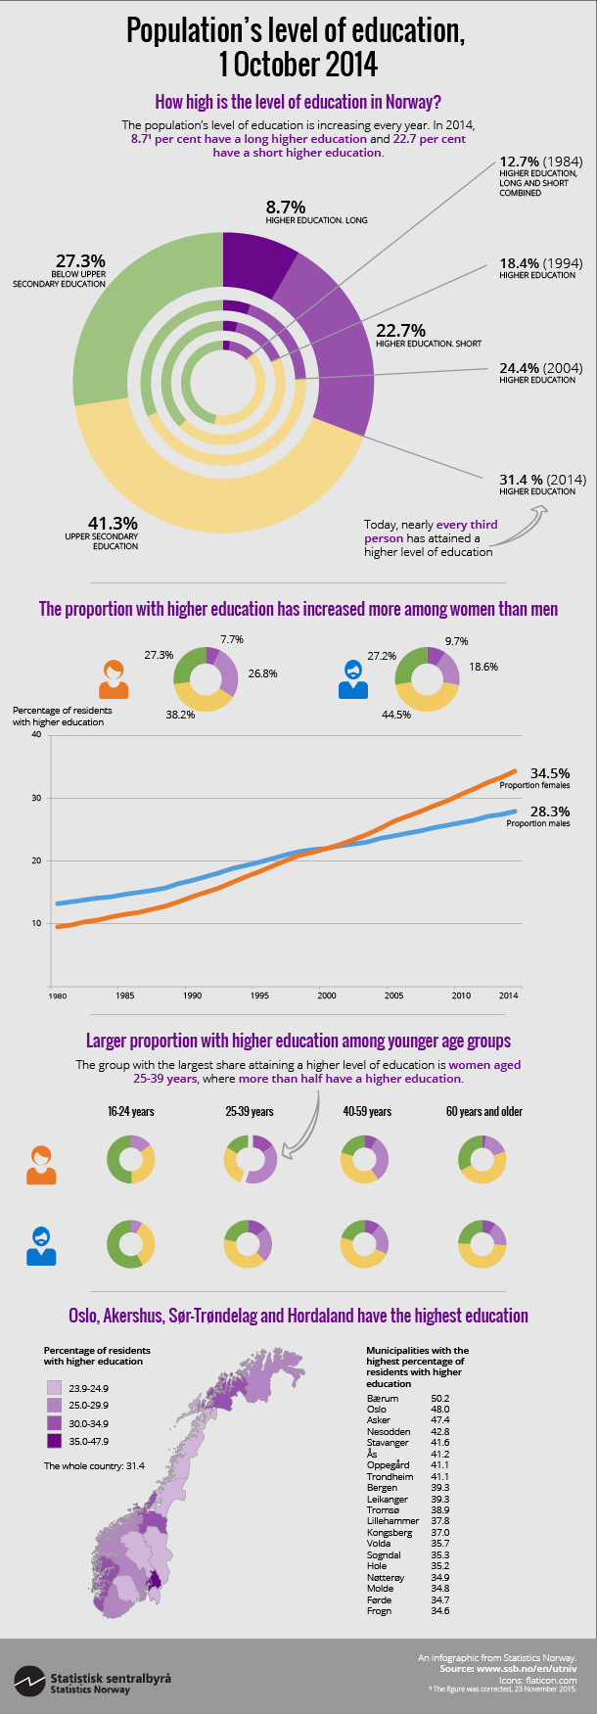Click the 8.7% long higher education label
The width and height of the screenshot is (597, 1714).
[286, 208]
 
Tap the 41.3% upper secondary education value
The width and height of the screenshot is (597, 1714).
[115, 524]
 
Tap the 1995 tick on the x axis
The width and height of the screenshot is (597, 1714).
[259, 996]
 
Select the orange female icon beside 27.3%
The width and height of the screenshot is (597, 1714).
[114, 678]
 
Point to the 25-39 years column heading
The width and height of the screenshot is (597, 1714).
[250, 1111]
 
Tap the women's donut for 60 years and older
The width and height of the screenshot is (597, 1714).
[482, 1159]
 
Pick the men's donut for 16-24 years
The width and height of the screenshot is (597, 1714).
[130, 1244]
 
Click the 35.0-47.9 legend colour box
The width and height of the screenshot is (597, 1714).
[53, 1441]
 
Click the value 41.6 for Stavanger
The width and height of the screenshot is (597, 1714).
[440, 1442]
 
